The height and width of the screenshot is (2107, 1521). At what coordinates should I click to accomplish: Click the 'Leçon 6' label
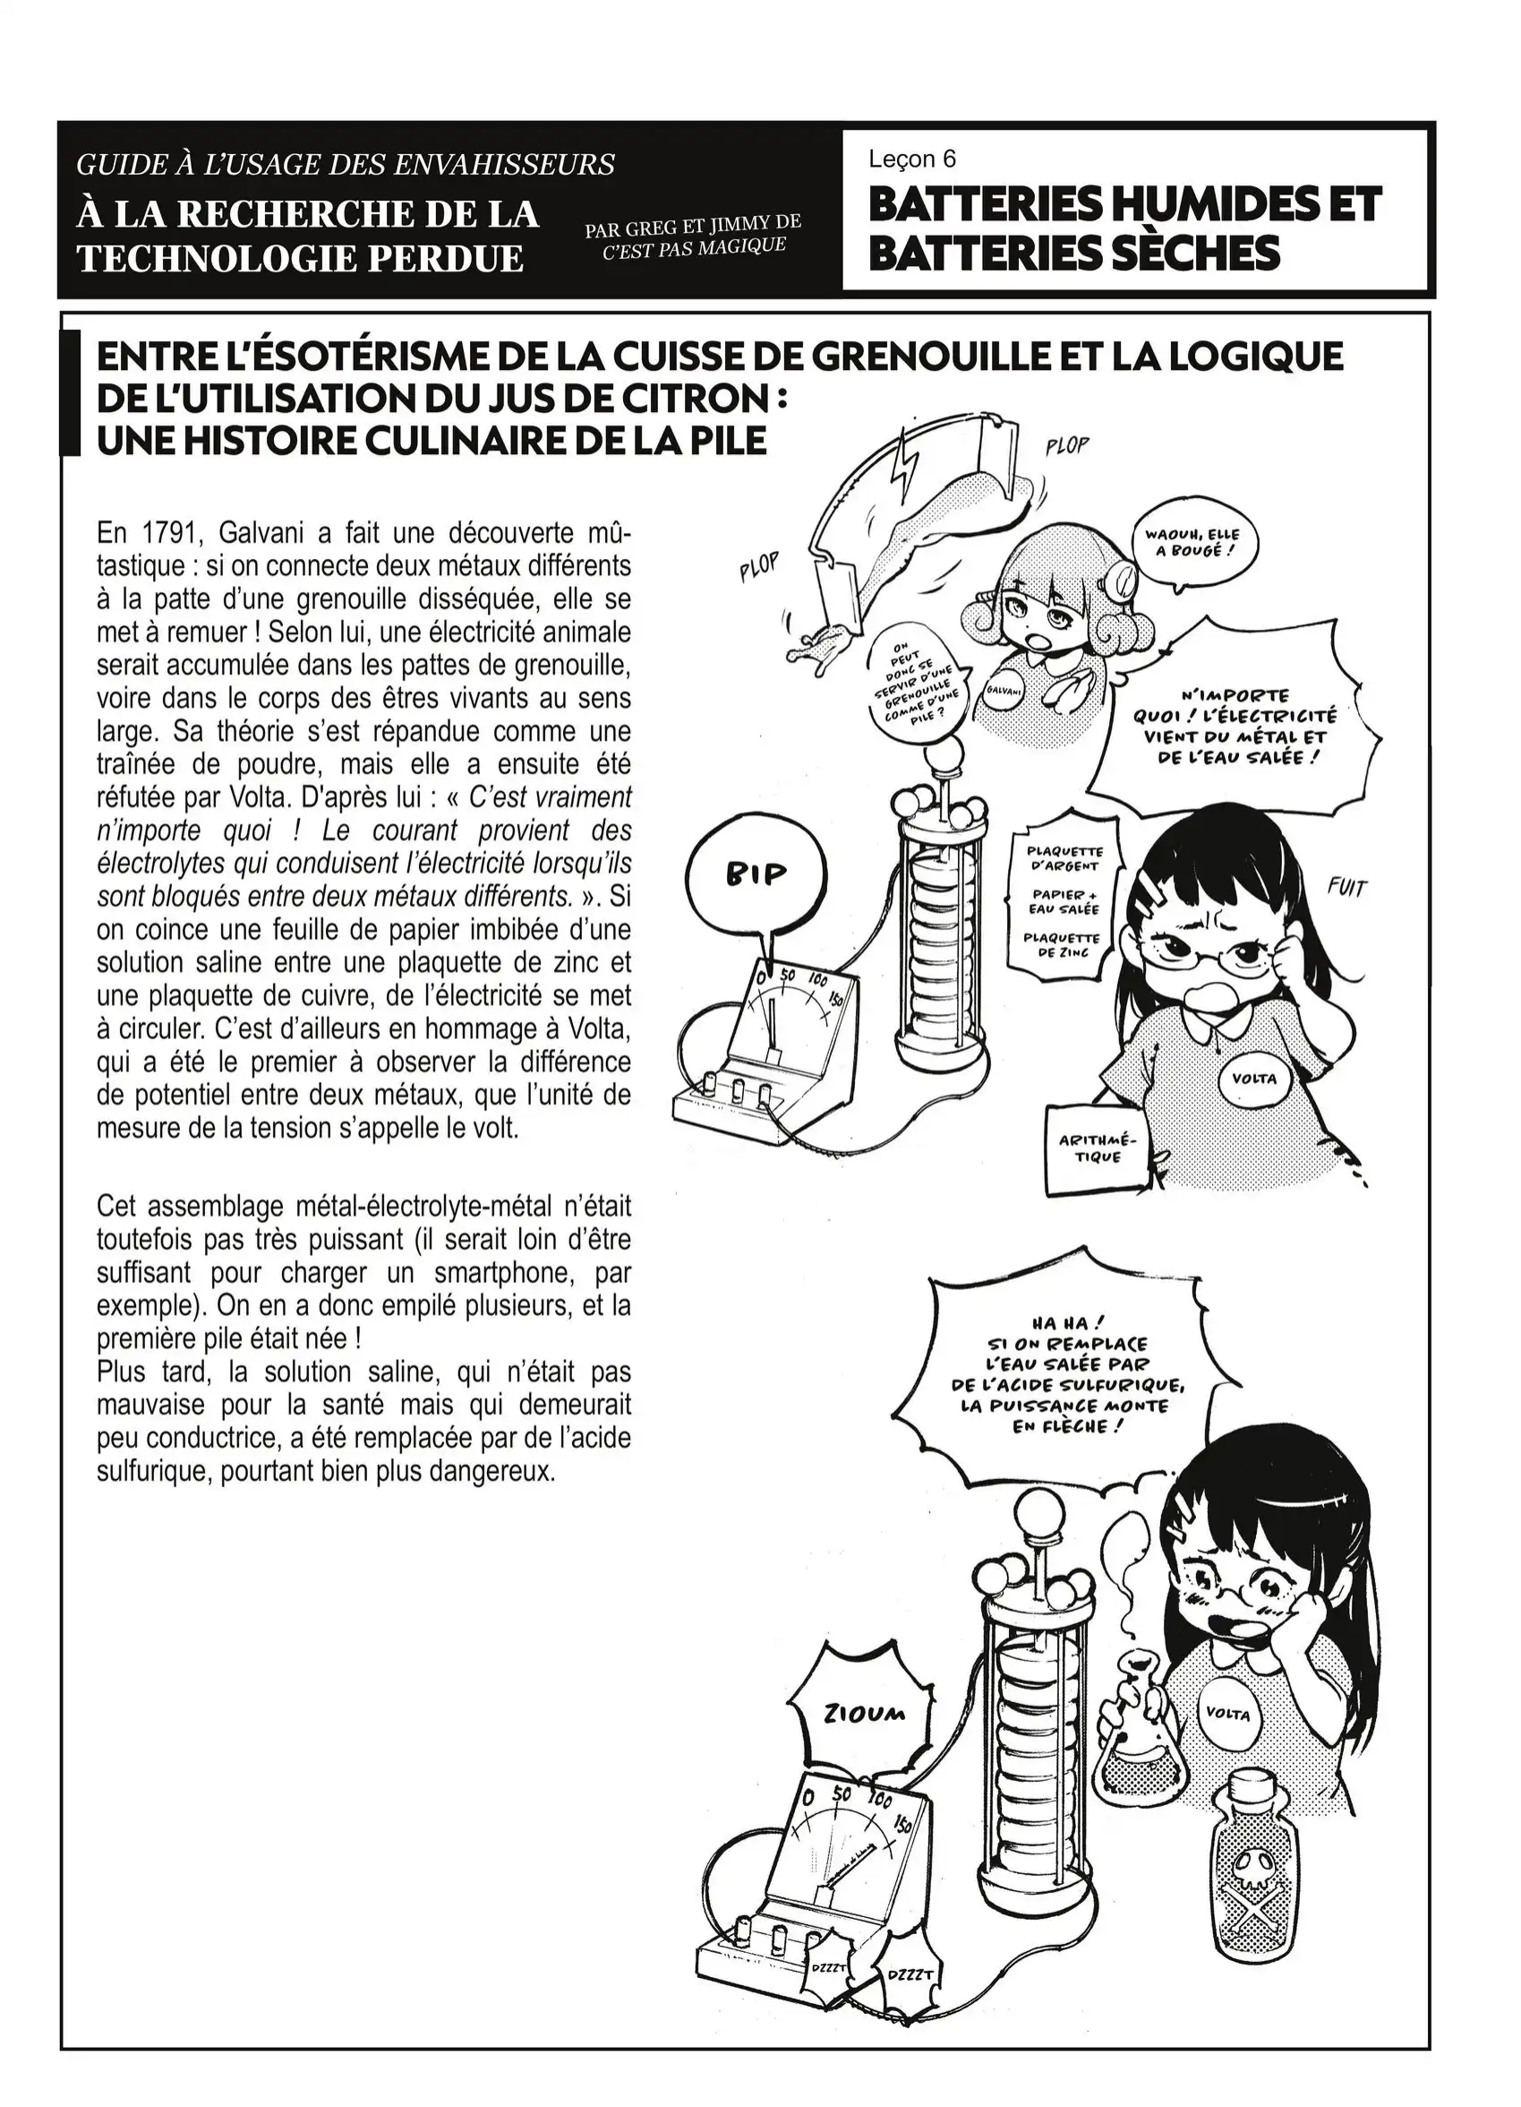click(912, 159)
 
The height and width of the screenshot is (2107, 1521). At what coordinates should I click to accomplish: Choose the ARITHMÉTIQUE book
click(1098, 1149)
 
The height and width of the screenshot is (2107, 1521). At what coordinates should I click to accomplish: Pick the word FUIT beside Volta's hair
click(1346, 889)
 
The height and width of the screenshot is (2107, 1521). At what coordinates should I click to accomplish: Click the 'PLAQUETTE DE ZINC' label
click(1062, 944)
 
